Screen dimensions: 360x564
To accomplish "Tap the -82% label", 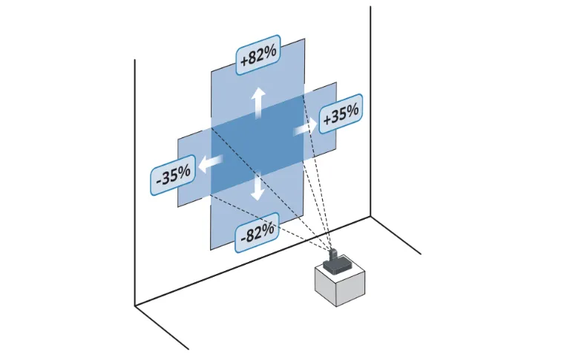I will click(257, 233).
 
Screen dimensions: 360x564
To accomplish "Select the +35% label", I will click(341, 114).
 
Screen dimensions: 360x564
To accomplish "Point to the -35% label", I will click(174, 175).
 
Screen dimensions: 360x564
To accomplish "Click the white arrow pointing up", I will click(258, 102).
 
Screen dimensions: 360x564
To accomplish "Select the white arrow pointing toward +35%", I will click(303, 129).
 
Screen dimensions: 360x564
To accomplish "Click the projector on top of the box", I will click(335, 260).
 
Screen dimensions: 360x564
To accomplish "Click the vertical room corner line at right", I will click(370, 111).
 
